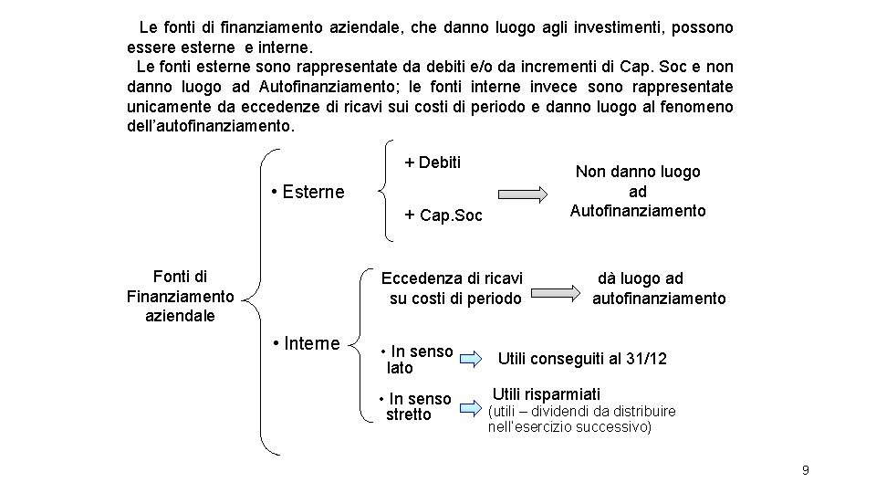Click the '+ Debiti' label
433,163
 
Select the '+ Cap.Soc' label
443,215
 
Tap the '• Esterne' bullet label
308,192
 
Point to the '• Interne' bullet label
307,343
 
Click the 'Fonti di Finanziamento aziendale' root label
180,296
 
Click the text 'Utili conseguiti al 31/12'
581,359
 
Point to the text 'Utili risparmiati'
546,393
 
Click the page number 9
805,470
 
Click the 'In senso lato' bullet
417,360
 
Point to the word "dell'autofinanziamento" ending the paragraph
211,126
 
